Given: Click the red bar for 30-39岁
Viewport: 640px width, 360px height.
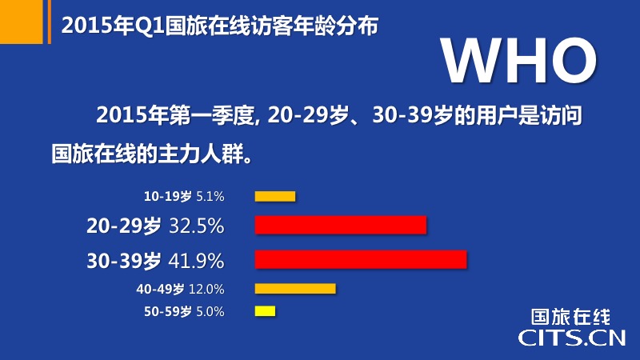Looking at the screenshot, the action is coord(361,259).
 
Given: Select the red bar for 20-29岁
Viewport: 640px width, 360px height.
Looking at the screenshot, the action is coord(341,225).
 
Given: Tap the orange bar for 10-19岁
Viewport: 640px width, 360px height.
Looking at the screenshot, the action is coord(275,196).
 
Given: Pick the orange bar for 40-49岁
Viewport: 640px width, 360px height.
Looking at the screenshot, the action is coord(295,289).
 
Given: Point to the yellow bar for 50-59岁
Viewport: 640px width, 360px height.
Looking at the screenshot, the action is coord(266,311).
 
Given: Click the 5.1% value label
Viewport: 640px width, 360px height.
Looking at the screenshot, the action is coord(210,197).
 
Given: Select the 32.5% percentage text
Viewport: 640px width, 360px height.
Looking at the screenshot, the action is coord(196,226).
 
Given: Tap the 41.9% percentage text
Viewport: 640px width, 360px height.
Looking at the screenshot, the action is coord(196,261).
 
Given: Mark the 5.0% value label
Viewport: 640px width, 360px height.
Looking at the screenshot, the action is coord(210,312).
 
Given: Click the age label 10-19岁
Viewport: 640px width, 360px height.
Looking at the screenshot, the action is coord(168,197).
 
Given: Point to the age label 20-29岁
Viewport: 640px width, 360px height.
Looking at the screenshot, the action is coord(124,226).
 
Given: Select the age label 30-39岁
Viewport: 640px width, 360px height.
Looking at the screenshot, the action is coord(124,261).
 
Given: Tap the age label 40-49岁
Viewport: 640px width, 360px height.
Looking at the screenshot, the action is coord(160,290).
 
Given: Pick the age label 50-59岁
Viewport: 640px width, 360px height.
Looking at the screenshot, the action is coord(168,312).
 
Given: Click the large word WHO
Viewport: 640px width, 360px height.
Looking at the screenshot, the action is coord(519,61).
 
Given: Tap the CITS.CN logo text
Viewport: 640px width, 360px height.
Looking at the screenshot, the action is coord(572,338).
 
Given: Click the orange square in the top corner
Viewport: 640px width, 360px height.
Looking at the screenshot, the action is coord(22,22).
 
